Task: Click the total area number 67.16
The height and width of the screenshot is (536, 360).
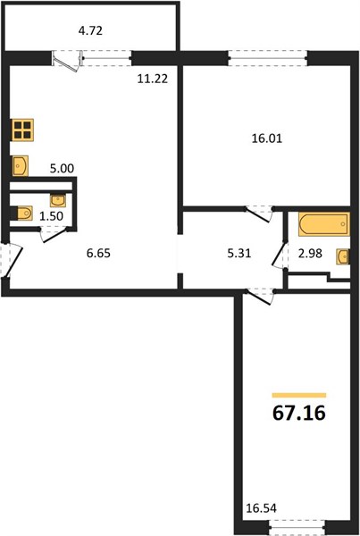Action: (298, 413)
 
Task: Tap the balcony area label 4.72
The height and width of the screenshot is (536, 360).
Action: (90, 31)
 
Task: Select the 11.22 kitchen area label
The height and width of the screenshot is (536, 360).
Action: (153, 79)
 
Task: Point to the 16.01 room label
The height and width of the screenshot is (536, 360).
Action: (267, 138)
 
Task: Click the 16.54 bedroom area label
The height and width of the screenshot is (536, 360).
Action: (261, 508)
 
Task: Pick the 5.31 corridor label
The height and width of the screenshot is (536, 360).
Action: (239, 254)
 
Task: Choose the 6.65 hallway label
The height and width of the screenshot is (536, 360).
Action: (98, 254)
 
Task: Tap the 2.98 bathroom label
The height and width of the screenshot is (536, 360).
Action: (310, 254)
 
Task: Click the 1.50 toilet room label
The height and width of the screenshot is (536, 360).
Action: (51, 216)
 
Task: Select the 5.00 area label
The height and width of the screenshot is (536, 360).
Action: (62, 169)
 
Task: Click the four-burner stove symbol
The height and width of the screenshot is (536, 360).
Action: (22, 130)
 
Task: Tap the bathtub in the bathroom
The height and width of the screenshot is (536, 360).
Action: (324, 224)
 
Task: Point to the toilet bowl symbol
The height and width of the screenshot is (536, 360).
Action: (22, 214)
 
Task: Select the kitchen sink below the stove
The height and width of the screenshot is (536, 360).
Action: (21, 166)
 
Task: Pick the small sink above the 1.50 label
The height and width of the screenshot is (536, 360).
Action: (58, 200)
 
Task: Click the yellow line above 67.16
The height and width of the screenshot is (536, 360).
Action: (299, 396)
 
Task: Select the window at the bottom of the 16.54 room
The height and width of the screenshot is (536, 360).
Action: (297, 532)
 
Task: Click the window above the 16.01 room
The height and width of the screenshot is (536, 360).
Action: (268, 57)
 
